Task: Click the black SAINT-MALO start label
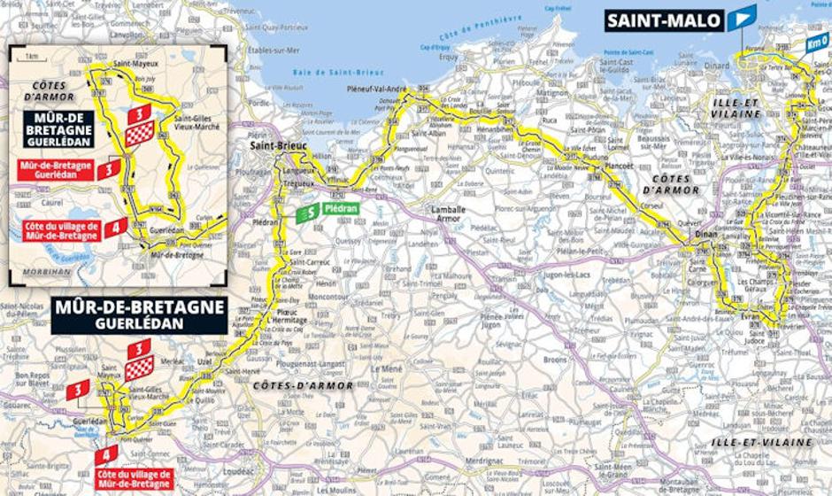pyautogui.click(x=664, y=20)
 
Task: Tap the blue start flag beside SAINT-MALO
pyautogui.click(x=741, y=18)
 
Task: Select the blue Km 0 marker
pyautogui.click(x=816, y=42)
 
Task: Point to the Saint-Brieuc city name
pyautogui.click(x=272, y=147)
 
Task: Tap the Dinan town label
pyautogui.click(x=705, y=234)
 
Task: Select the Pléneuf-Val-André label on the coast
pyautogui.click(x=403, y=89)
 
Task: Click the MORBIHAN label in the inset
pyautogui.click(x=44, y=271)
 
